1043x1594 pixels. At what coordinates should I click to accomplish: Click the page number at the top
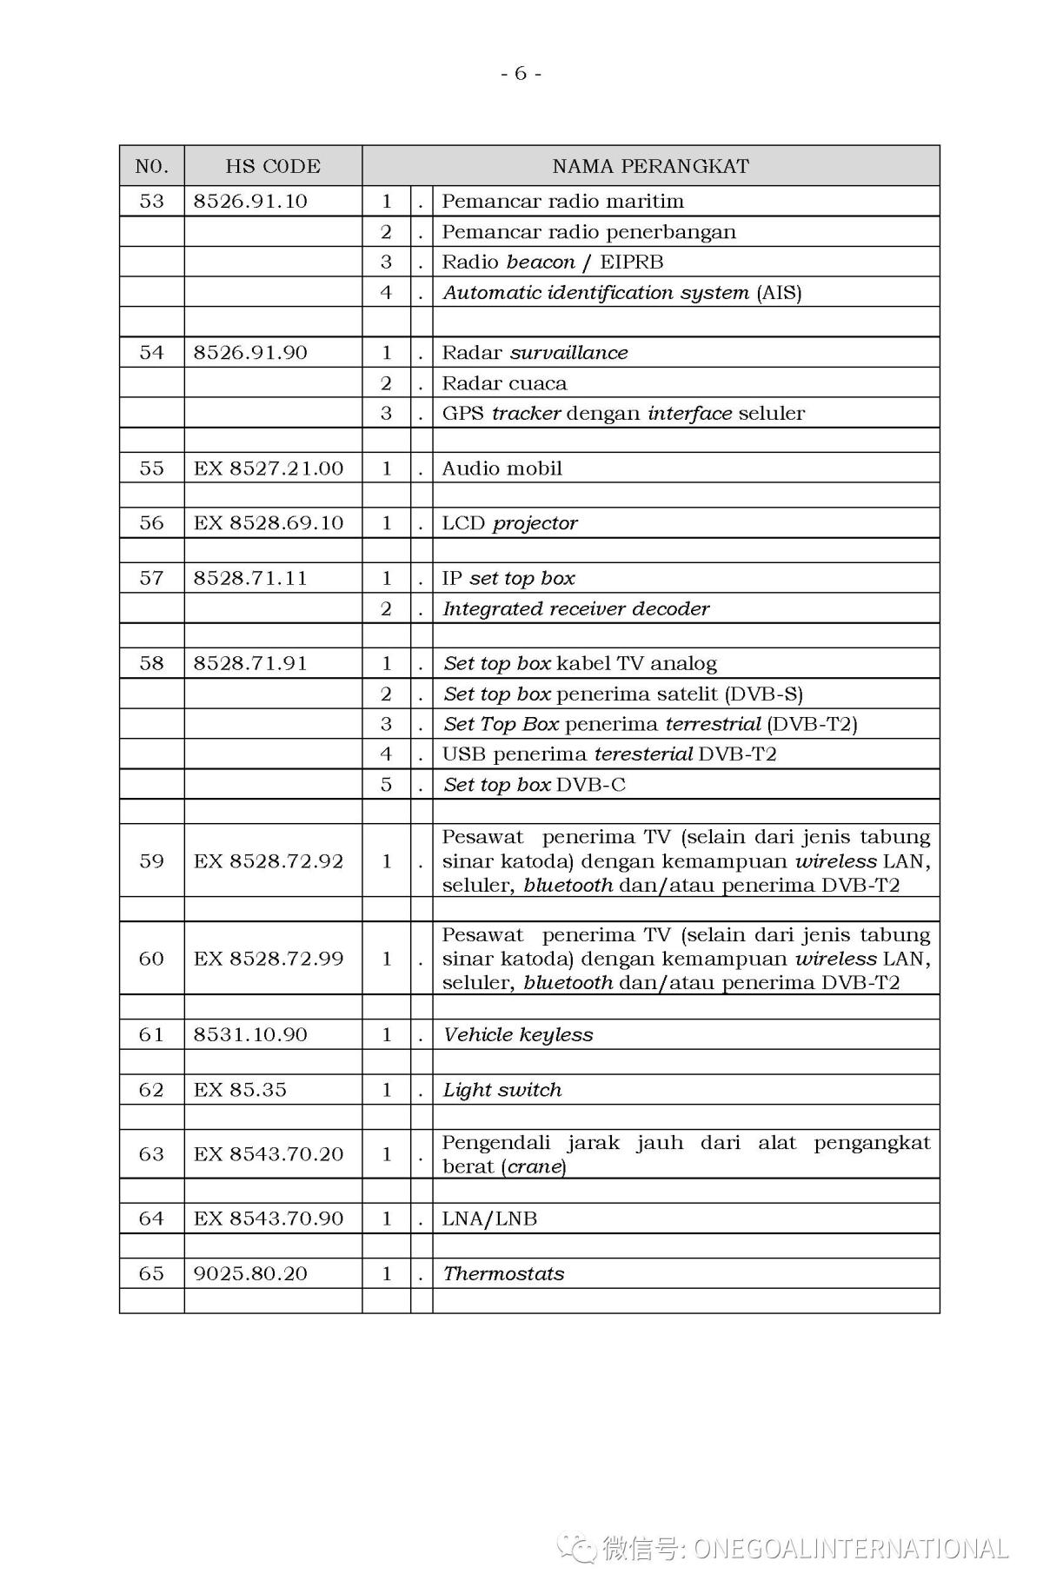click(521, 73)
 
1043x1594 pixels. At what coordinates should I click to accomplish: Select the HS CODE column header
click(273, 166)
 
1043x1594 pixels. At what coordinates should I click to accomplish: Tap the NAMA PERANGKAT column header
click(650, 166)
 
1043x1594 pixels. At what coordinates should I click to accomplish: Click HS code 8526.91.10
click(250, 201)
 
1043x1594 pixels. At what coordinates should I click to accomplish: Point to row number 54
click(151, 352)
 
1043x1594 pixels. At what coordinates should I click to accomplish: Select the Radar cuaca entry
click(504, 383)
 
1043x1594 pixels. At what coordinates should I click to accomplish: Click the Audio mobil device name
click(502, 468)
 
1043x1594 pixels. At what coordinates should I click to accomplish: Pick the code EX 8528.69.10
click(269, 523)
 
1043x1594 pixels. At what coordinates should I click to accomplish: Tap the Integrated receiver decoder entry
click(575, 608)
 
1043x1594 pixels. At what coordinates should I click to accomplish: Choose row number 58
click(151, 663)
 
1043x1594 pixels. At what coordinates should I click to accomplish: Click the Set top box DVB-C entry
click(534, 785)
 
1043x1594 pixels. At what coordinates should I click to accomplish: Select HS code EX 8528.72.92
click(269, 861)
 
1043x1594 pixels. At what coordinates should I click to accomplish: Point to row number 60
click(151, 959)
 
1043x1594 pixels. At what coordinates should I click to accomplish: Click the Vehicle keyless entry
click(518, 1034)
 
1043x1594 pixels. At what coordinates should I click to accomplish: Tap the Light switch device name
click(502, 1090)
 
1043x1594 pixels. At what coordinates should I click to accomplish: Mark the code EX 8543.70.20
click(269, 1154)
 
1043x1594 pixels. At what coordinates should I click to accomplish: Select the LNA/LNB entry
click(489, 1219)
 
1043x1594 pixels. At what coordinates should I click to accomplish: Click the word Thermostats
click(503, 1273)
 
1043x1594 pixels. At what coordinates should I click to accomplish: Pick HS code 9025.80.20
click(250, 1273)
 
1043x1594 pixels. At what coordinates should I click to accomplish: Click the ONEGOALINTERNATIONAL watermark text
click(850, 1548)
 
